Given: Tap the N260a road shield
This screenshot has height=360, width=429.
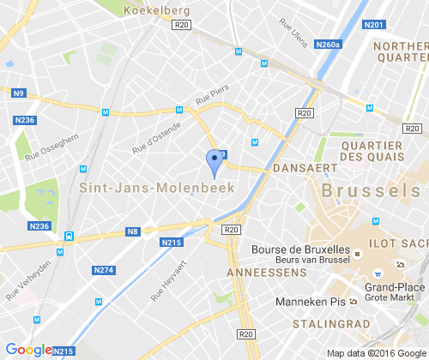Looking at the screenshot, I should (x=328, y=44).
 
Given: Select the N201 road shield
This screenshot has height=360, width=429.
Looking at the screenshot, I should (x=374, y=25).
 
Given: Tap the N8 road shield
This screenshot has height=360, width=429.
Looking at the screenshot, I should (x=133, y=231).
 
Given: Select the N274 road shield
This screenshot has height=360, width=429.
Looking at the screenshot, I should (x=103, y=270).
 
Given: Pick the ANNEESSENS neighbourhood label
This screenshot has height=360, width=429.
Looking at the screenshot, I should (x=267, y=271).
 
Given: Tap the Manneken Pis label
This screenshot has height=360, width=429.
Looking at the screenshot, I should (x=310, y=303).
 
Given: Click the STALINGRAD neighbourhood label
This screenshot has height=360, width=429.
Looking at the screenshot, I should (x=330, y=324).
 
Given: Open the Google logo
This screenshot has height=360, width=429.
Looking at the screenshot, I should (x=28, y=350).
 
